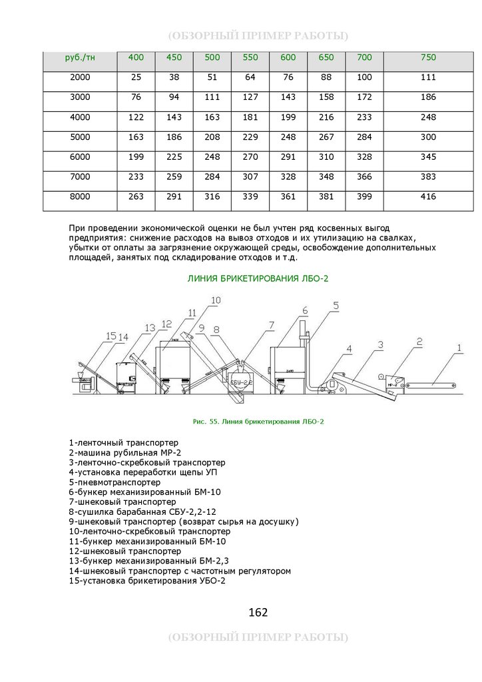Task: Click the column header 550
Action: click(x=250, y=58)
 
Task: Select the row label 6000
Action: click(x=80, y=157)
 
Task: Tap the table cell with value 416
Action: click(x=428, y=197)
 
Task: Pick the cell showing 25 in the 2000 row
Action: click(x=136, y=78)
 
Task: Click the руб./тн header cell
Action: click(x=80, y=58)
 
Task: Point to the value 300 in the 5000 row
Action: click(x=428, y=137)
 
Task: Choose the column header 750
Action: click(x=428, y=58)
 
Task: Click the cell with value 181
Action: click(x=250, y=118)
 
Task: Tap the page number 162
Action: click(x=258, y=612)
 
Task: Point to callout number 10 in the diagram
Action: click(x=215, y=300)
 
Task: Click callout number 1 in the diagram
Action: click(x=458, y=347)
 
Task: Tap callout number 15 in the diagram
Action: click(x=111, y=335)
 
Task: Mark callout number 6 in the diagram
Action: click(x=304, y=310)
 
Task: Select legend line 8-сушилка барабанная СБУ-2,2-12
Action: click(x=142, y=511)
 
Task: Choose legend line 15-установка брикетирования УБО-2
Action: click(x=147, y=581)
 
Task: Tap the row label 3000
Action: click(x=80, y=98)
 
